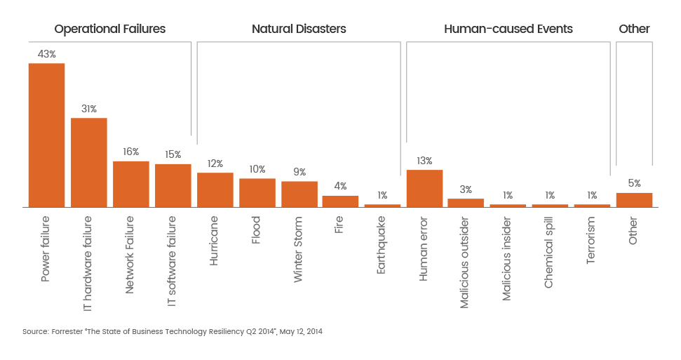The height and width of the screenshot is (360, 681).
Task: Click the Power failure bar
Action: click(46, 135)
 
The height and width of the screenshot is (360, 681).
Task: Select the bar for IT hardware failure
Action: click(89, 162)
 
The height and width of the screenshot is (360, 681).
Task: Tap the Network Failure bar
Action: click(131, 183)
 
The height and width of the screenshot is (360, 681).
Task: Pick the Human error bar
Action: click(424, 188)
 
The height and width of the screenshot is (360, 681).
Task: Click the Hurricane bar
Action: click(215, 189)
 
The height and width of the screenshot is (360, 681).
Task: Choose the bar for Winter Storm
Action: click(299, 194)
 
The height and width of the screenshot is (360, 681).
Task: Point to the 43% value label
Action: click(46, 54)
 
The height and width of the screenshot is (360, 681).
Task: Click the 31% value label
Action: click(89, 109)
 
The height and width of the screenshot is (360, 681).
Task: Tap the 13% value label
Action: click(424, 161)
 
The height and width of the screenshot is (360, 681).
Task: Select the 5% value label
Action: click(634, 183)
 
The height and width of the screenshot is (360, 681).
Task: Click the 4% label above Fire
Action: click(340, 187)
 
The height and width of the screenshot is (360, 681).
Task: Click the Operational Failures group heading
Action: click(110, 29)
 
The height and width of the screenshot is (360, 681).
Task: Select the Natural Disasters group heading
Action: click(299, 29)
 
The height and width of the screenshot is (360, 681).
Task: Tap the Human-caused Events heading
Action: click(508, 29)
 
